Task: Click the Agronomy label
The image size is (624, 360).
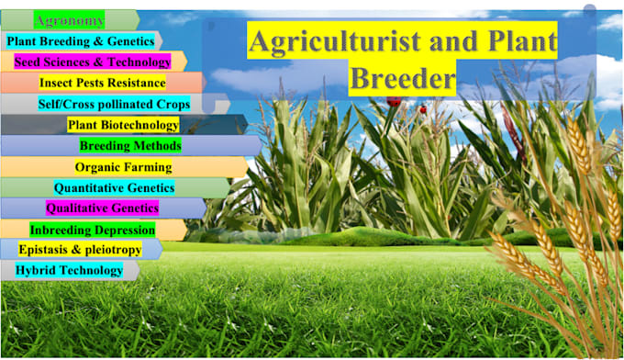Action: point(70,19)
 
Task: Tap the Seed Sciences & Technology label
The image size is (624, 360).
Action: point(93,62)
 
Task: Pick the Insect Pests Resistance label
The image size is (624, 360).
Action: point(102,83)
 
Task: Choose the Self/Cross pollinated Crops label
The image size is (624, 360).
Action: point(114,104)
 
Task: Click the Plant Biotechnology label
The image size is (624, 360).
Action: point(123,125)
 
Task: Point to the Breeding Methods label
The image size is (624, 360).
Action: point(130,145)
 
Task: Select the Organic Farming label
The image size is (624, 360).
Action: point(123,167)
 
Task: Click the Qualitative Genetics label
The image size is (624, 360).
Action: point(102,208)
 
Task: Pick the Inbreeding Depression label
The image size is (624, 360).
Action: point(92,230)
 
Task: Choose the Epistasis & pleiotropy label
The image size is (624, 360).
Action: point(79,250)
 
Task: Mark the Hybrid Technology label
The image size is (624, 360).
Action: point(69,270)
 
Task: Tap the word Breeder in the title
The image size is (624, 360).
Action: point(403,78)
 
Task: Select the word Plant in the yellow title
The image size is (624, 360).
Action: point(522,42)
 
